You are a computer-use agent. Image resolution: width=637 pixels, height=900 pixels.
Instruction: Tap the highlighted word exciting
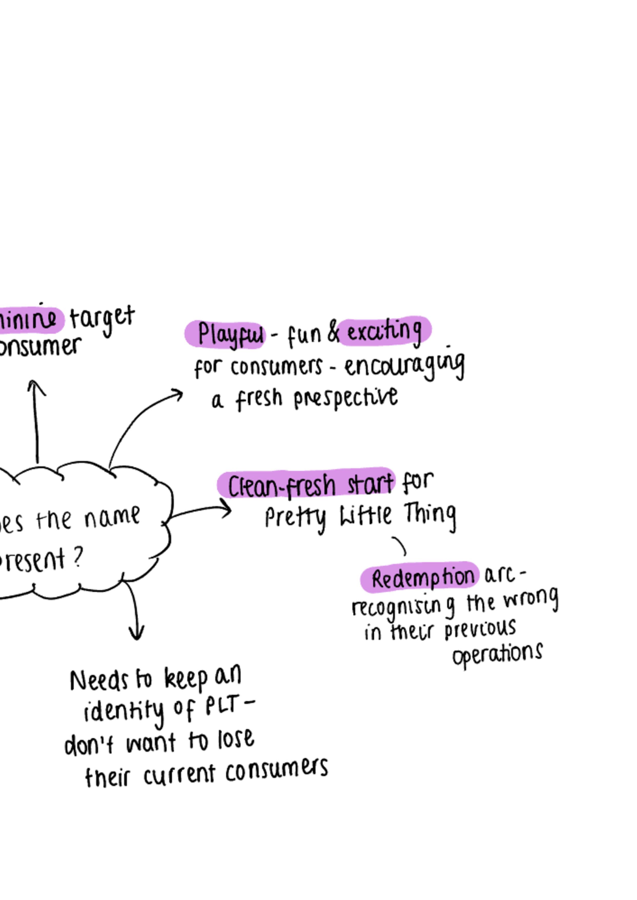[385, 332]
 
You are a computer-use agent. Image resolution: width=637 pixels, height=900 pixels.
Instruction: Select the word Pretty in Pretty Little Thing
[295, 517]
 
